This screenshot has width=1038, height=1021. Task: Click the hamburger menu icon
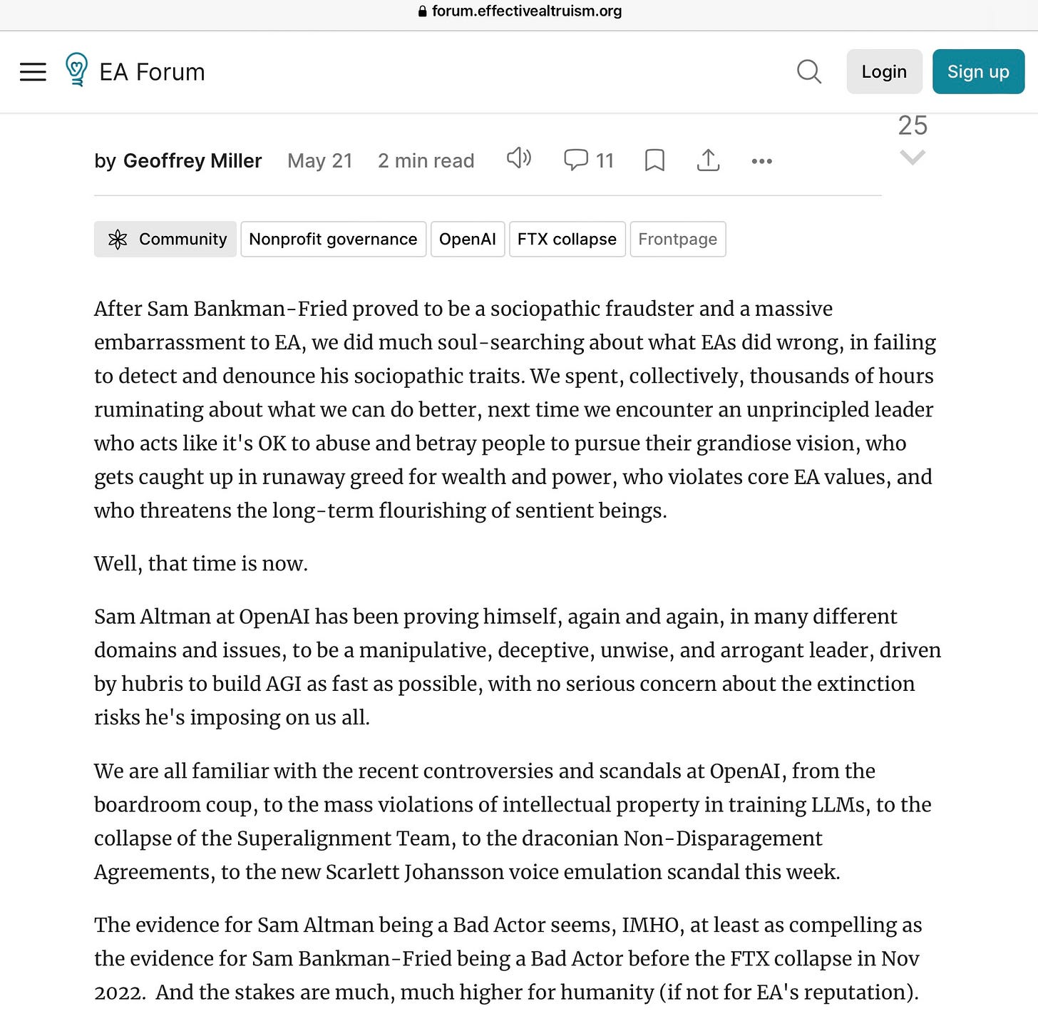[x=33, y=72]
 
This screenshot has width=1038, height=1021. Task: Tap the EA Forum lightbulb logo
[x=76, y=70]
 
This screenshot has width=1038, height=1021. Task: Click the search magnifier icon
[x=808, y=71]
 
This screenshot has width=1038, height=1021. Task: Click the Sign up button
[x=977, y=71]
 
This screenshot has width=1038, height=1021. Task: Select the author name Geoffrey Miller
[x=192, y=161]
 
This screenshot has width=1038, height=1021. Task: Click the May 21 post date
[x=320, y=161]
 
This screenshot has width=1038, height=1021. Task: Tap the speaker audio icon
[x=519, y=158]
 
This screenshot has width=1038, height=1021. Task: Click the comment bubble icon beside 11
[x=575, y=160]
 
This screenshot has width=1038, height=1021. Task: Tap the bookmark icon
[x=654, y=160]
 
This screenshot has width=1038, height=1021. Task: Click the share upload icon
[x=708, y=160]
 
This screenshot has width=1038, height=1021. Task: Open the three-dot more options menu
[x=761, y=161]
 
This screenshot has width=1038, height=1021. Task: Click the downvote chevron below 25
[x=913, y=157]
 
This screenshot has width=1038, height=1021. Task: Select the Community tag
[x=165, y=239]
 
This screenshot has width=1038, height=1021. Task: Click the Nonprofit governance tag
[x=333, y=239]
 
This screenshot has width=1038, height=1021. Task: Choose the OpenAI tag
[x=467, y=239]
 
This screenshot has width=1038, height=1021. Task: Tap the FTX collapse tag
[x=567, y=239]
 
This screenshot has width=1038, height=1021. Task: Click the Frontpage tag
[x=677, y=239]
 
